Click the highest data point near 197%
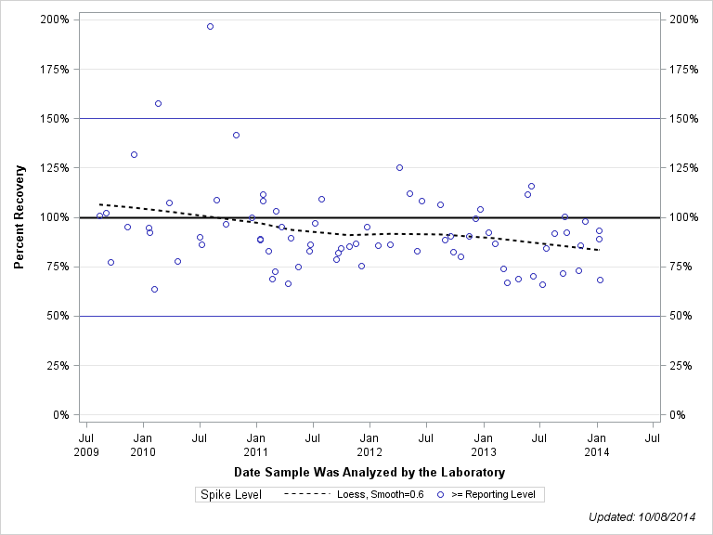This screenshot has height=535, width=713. click(x=210, y=26)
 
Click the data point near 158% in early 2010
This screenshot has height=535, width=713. click(x=158, y=103)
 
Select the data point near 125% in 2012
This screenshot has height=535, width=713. click(x=399, y=167)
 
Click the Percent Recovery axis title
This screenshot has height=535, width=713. click(x=19, y=217)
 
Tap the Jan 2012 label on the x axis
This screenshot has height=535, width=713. click(x=369, y=444)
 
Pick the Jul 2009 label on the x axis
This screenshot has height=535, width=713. click(x=85, y=444)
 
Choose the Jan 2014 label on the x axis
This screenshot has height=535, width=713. click(x=597, y=444)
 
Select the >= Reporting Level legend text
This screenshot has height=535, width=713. click(x=492, y=495)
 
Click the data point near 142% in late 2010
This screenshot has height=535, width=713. click(x=236, y=135)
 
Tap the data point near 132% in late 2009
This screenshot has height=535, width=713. click(x=134, y=154)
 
